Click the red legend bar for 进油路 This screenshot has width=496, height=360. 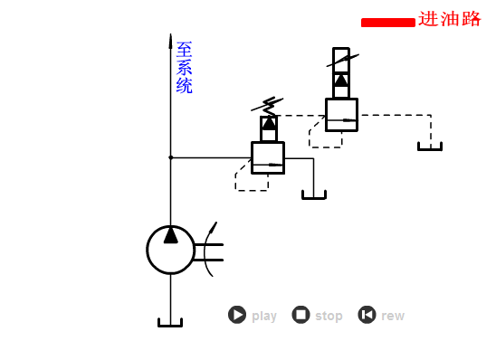tap(387, 23)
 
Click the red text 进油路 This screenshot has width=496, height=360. tap(450, 19)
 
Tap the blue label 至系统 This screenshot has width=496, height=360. tap(184, 68)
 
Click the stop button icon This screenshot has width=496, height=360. tap(300, 315)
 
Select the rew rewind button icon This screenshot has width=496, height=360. tap(367, 315)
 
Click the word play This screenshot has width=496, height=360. tap(264, 316)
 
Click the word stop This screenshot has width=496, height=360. tap(329, 316)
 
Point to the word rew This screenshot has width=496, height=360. tap(393, 316)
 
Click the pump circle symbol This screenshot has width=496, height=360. tap(170, 250)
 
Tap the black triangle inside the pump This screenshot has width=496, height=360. tap(170, 235)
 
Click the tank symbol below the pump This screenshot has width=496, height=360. tap(170, 322)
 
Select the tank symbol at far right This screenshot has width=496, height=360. tap(430, 147)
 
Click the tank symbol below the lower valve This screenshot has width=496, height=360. tap(314, 194)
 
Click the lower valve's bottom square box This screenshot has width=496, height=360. tap(268, 157)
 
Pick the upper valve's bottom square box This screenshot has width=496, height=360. tap(341, 115)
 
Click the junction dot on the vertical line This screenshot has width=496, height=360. tap(170, 157)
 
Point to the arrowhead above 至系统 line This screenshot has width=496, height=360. tap(170, 41)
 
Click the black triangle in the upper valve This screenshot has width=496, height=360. tap(341, 80)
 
